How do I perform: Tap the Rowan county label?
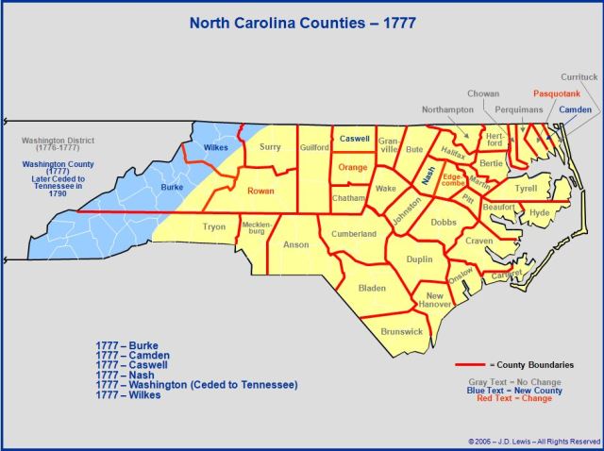pos(261,191)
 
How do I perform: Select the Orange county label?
pos(352,168)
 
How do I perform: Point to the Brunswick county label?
pos(402,331)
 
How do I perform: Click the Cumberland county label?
pos(354,234)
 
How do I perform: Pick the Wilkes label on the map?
pos(215,147)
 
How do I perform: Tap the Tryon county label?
pos(214,227)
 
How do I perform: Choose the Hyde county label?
pos(540,213)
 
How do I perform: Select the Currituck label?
pos(579,75)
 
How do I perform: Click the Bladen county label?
pos(373,287)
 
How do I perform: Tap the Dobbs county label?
pos(443,223)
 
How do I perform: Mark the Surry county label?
pos(270,147)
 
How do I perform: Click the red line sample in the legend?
pos(477,364)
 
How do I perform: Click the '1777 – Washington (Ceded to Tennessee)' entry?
pos(196,385)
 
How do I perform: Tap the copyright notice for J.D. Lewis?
pos(533,441)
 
